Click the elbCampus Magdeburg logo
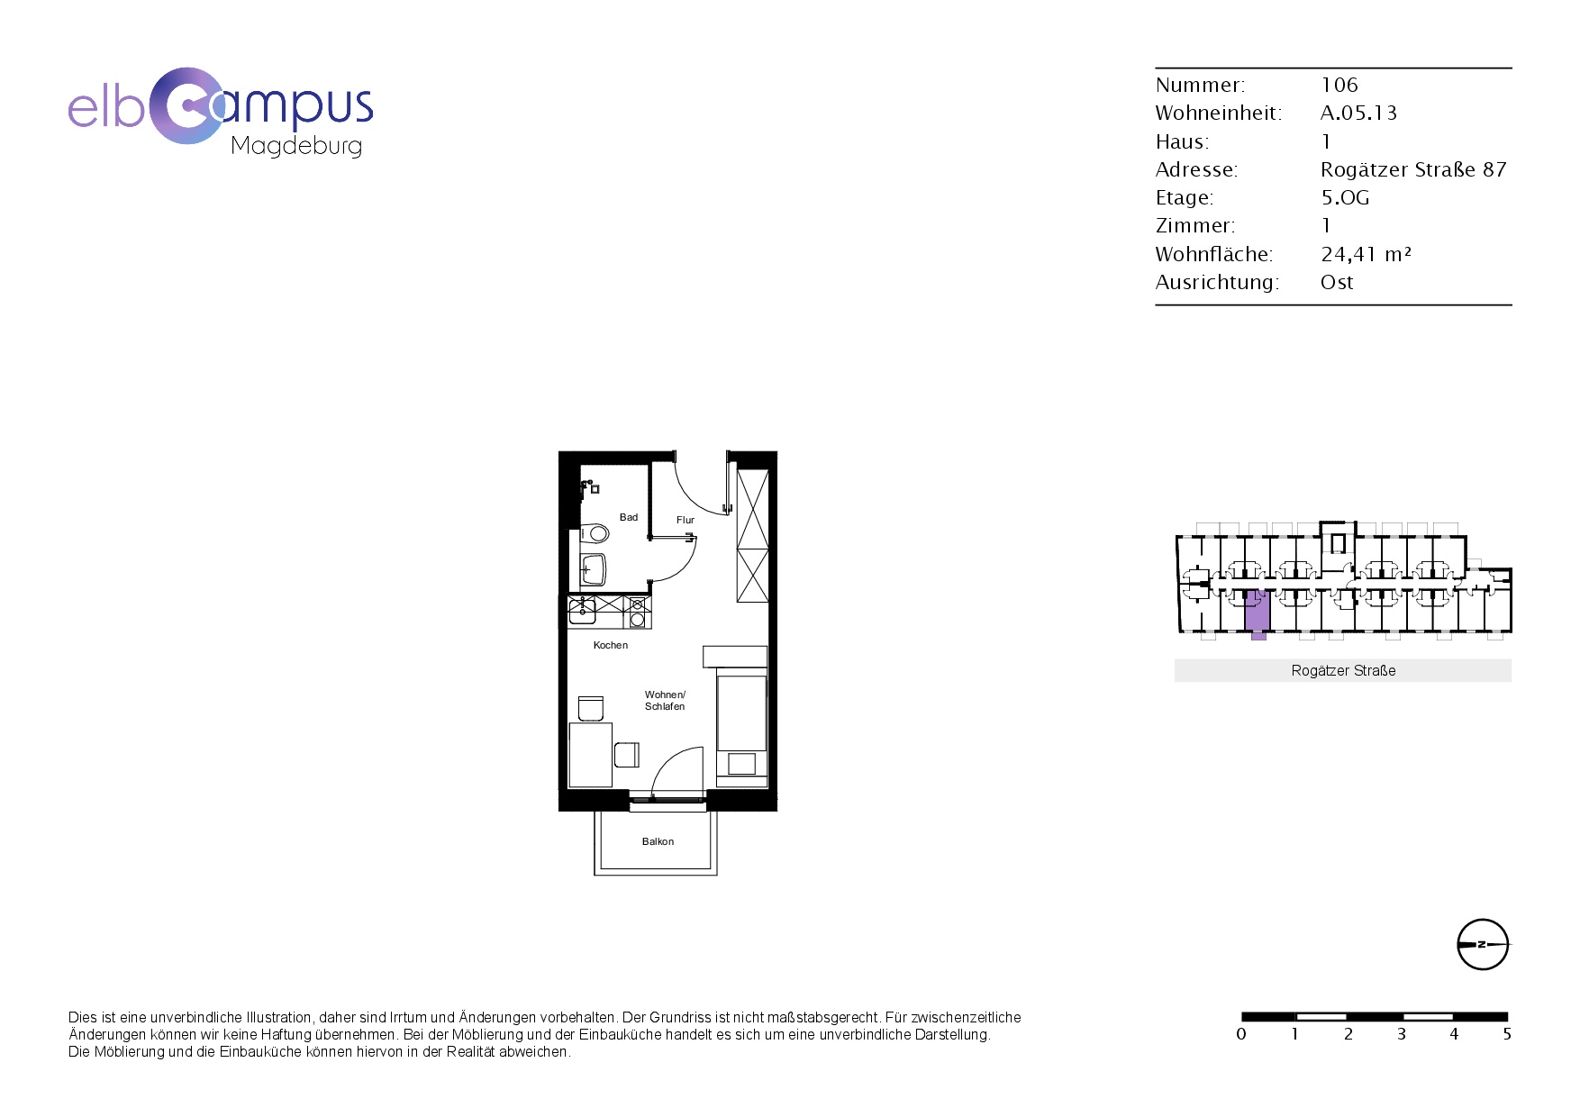[221, 112]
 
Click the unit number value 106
[1339, 85]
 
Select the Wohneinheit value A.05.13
[1358, 113]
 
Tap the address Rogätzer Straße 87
[1413, 169]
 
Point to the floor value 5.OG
[1345, 197]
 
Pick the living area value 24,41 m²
[1366, 254]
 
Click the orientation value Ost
[1337, 282]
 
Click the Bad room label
[629, 517]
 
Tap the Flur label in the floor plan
[686, 520]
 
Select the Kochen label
[611, 645]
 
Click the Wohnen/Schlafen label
[665, 700]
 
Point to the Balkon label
[658, 841]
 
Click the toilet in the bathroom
[595, 533]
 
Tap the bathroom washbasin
[594, 569]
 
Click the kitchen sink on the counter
[582, 612]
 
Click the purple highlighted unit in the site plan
[1258, 613]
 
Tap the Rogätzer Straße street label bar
[1343, 670]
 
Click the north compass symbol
[1483, 944]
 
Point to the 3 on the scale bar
[1402, 1034]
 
